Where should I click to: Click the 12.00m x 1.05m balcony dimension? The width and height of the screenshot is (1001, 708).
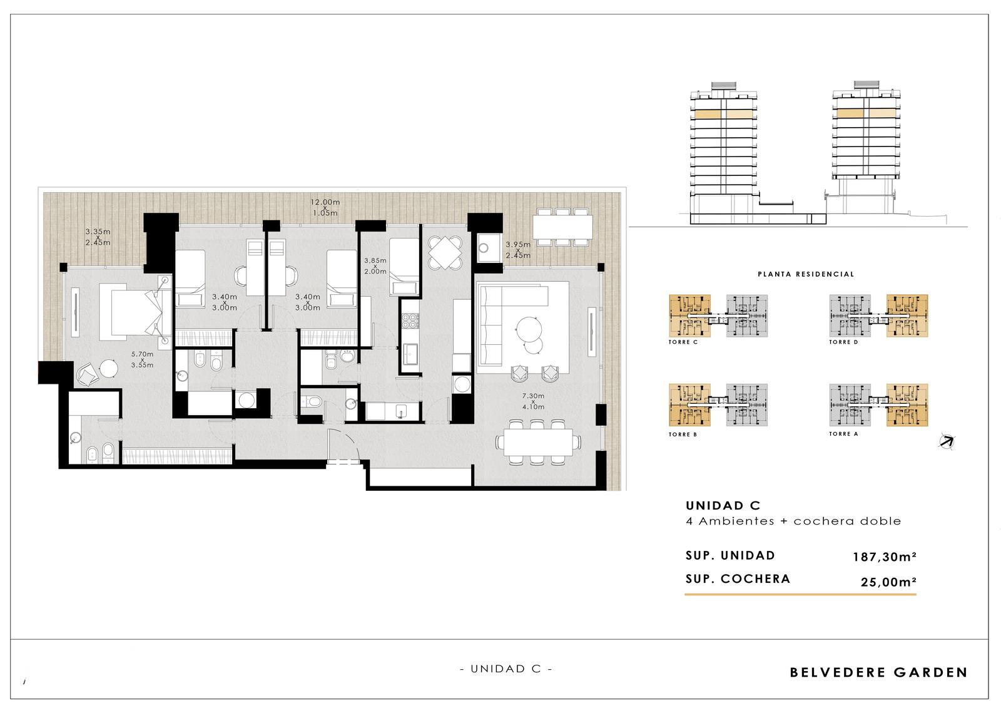pyautogui.click(x=325, y=208)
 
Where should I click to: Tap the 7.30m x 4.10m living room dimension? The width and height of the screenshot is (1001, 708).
pyautogui.click(x=533, y=401)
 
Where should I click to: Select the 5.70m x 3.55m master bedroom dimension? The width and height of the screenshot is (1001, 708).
pyautogui.click(x=142, y=359)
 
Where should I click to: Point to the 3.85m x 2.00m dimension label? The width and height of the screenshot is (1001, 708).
pyautogui.click(x=375, y=265)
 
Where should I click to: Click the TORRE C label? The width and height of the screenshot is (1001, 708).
pyautogui.click(x=683, y=342)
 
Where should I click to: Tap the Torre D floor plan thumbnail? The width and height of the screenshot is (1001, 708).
pyautogui.click(x=878, y=316)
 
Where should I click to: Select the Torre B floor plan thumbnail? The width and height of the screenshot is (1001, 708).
pyautogui.click(x=718, y=405)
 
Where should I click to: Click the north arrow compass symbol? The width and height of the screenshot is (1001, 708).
pyautogui.click(x=947, y=441)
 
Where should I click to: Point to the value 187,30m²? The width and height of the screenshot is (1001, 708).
pyautogui.click(x=885, y=557)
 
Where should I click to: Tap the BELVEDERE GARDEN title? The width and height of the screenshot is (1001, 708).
pyautogui.click(x=878, y=672)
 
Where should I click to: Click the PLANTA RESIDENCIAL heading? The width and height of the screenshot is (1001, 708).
pyautogui.click(x=806, y=274)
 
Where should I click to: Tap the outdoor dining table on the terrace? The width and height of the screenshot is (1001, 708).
pyautogui.click(x=562, y=227)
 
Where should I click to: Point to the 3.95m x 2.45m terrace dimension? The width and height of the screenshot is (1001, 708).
pyautogui.click(x=518, y=250)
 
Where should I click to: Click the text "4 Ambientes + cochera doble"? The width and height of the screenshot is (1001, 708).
pyautogui.click(x=793, y=521)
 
